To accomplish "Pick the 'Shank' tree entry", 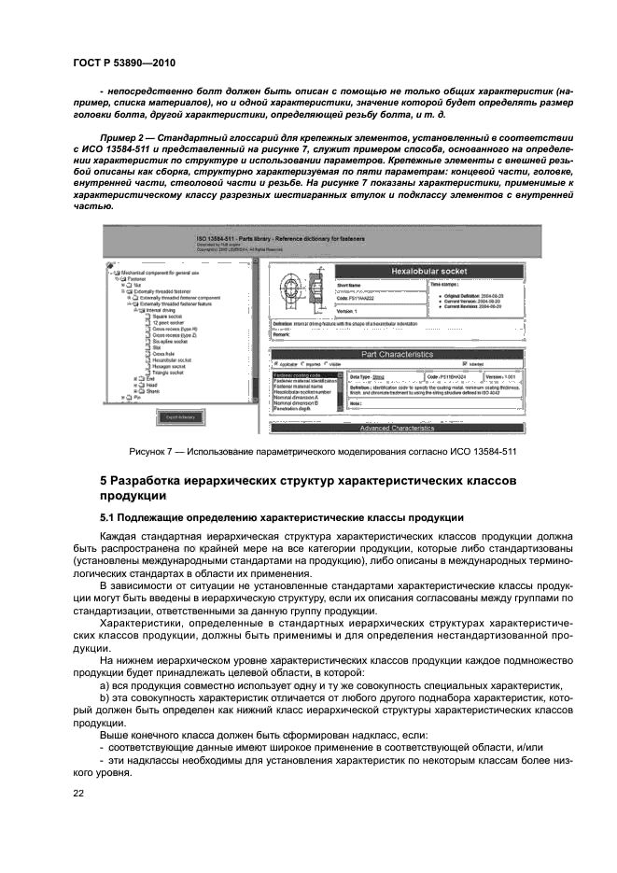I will pyautogui.click(x=152, y=391).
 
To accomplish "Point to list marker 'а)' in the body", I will pyautogui.click(x=104, y=684).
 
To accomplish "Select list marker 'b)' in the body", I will pyautogui.click(x=104, y=697).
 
